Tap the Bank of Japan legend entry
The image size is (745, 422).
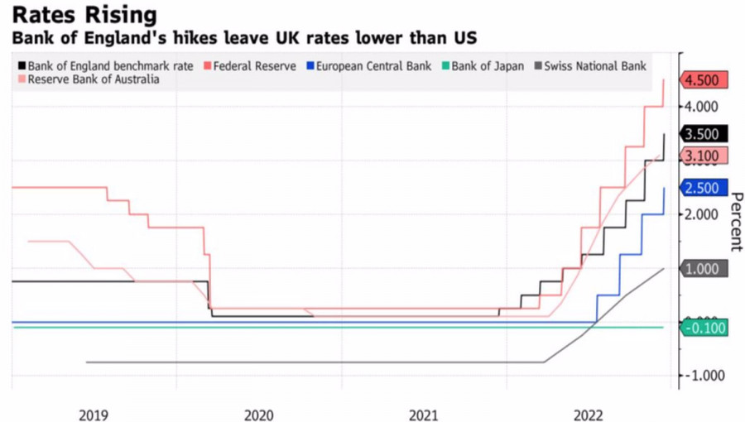tap(488, 65)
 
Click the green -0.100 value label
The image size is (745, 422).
tap(704, 328)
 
